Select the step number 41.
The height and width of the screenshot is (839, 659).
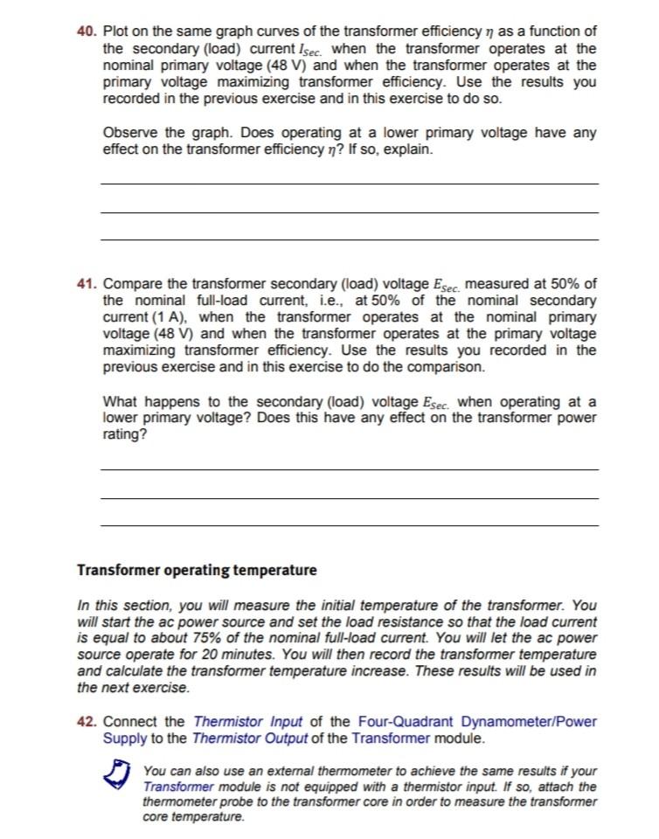click(x=87, y=284)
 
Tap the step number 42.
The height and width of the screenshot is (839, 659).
click(x=87, y=721)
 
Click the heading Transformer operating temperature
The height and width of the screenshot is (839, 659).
click(x=197, y=571)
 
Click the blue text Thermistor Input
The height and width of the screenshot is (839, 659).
click(x=246, y=721)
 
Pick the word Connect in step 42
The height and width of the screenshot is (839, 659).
click(x=131, y=721)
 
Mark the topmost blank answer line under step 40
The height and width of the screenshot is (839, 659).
click(x=350, y=184)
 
